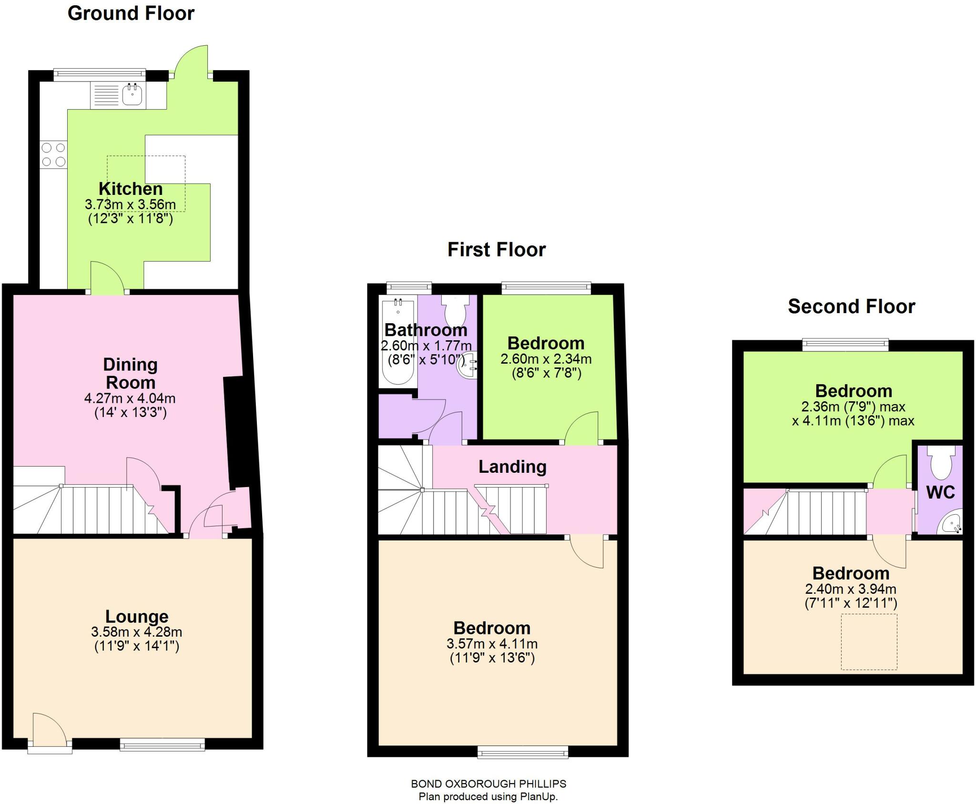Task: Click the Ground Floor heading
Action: click(131, 13)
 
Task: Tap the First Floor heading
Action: click(497, 250)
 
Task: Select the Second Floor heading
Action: click(852, 306)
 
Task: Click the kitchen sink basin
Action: click(132, 94)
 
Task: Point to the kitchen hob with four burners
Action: click(53, 155)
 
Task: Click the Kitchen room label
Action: click(131, 189)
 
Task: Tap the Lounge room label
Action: click(137, 616)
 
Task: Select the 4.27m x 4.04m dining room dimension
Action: click(130, 398)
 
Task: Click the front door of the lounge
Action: click(50, 732)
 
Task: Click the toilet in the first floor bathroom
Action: click(456, 310)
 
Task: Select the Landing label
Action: click(512, 467)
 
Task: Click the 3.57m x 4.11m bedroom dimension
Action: click(492, 644)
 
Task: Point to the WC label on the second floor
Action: click(941, 492)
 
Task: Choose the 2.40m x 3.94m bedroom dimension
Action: click(851, 589)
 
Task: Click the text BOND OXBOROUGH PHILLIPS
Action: click(488, 784)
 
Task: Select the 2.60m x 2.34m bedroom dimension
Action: click(546, 359)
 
